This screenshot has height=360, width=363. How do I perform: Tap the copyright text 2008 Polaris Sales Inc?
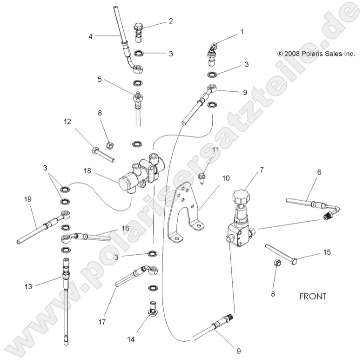click(316, 54)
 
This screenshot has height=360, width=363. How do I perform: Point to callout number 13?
click(28, 286)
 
